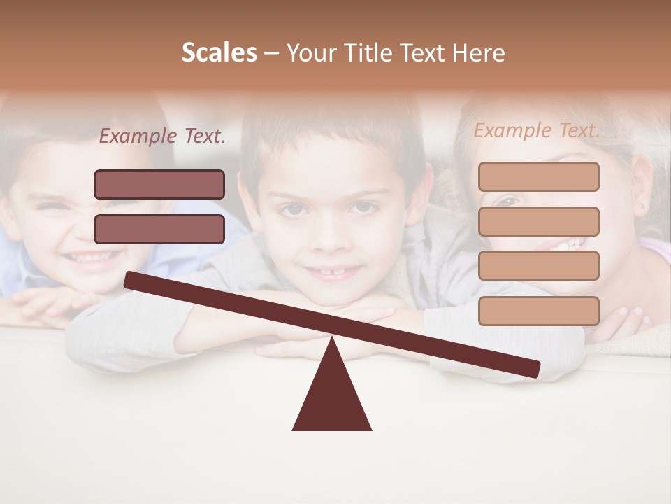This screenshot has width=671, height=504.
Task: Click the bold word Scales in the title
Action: point(219,53)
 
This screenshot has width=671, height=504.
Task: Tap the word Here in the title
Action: point(477,53)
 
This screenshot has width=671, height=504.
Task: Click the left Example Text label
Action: point(162,136)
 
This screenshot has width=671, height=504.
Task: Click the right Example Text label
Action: point(537,130)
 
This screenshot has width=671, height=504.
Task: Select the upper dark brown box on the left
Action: point(159,184)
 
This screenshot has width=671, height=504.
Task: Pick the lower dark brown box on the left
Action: point(159,229)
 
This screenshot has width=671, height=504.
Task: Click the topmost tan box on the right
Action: point(538,176)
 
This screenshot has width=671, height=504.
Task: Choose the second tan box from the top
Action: point(538,221)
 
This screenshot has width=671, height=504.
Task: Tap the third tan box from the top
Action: point(538,265)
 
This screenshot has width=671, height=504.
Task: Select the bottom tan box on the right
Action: point(538,311)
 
